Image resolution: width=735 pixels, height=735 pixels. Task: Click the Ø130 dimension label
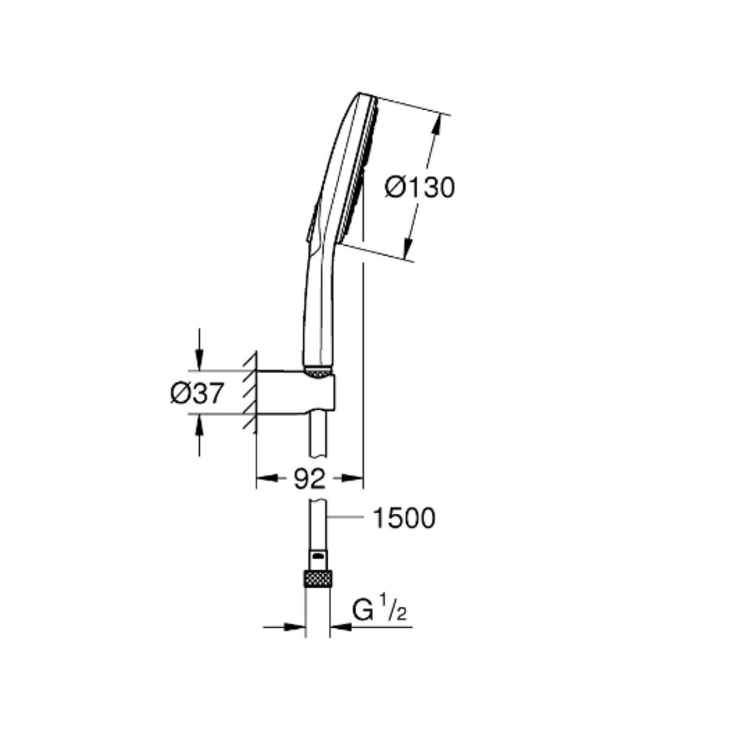(x=420, y=187)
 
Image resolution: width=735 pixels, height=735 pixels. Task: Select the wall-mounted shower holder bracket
(x=296, y=392)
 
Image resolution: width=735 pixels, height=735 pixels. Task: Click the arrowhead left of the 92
(x=267, y=478)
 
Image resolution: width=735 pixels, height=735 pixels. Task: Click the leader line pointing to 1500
(x=345, y=518)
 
